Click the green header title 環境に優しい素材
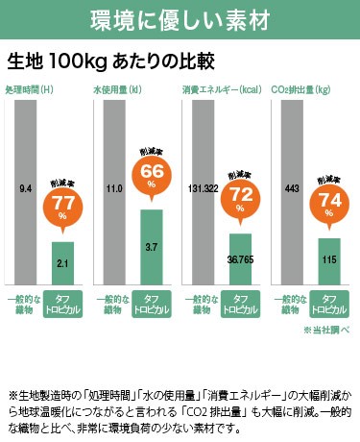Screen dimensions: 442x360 [x=180, y=18]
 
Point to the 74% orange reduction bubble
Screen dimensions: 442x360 [x=329, y=202]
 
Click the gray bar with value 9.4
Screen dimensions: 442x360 [x=26, y=192]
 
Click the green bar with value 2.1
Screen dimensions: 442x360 [x=62, y=262]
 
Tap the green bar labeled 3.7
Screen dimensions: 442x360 [x=152, y=246]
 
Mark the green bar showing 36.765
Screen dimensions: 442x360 [x=240, y=258]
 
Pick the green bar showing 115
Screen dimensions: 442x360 [x=329, y=260]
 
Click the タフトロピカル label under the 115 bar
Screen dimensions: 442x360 [x=329, y=306]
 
